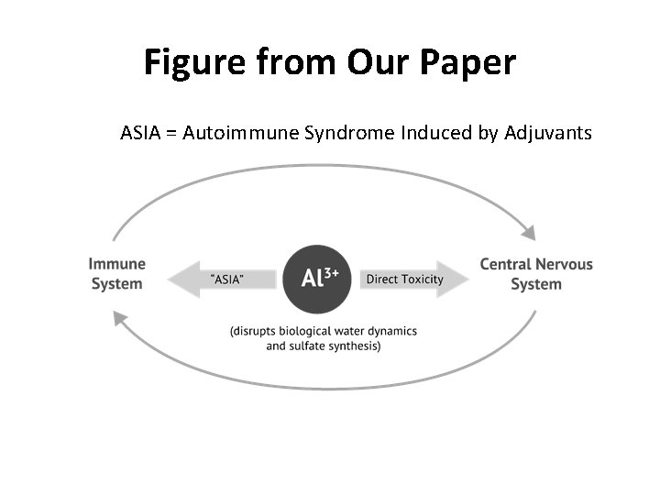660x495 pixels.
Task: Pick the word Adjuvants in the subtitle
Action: pos(548,133)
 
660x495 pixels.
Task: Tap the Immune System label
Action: pos(117,274)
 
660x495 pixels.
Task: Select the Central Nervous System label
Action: pos(536,274)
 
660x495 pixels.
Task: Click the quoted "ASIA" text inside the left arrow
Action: pos(228,279)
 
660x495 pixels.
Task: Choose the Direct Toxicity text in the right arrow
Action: pos(404,279)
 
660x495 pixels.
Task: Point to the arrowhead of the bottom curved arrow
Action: pos(118,317)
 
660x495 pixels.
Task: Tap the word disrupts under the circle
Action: pos(261,331)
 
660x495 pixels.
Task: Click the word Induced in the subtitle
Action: pos(436,133)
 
